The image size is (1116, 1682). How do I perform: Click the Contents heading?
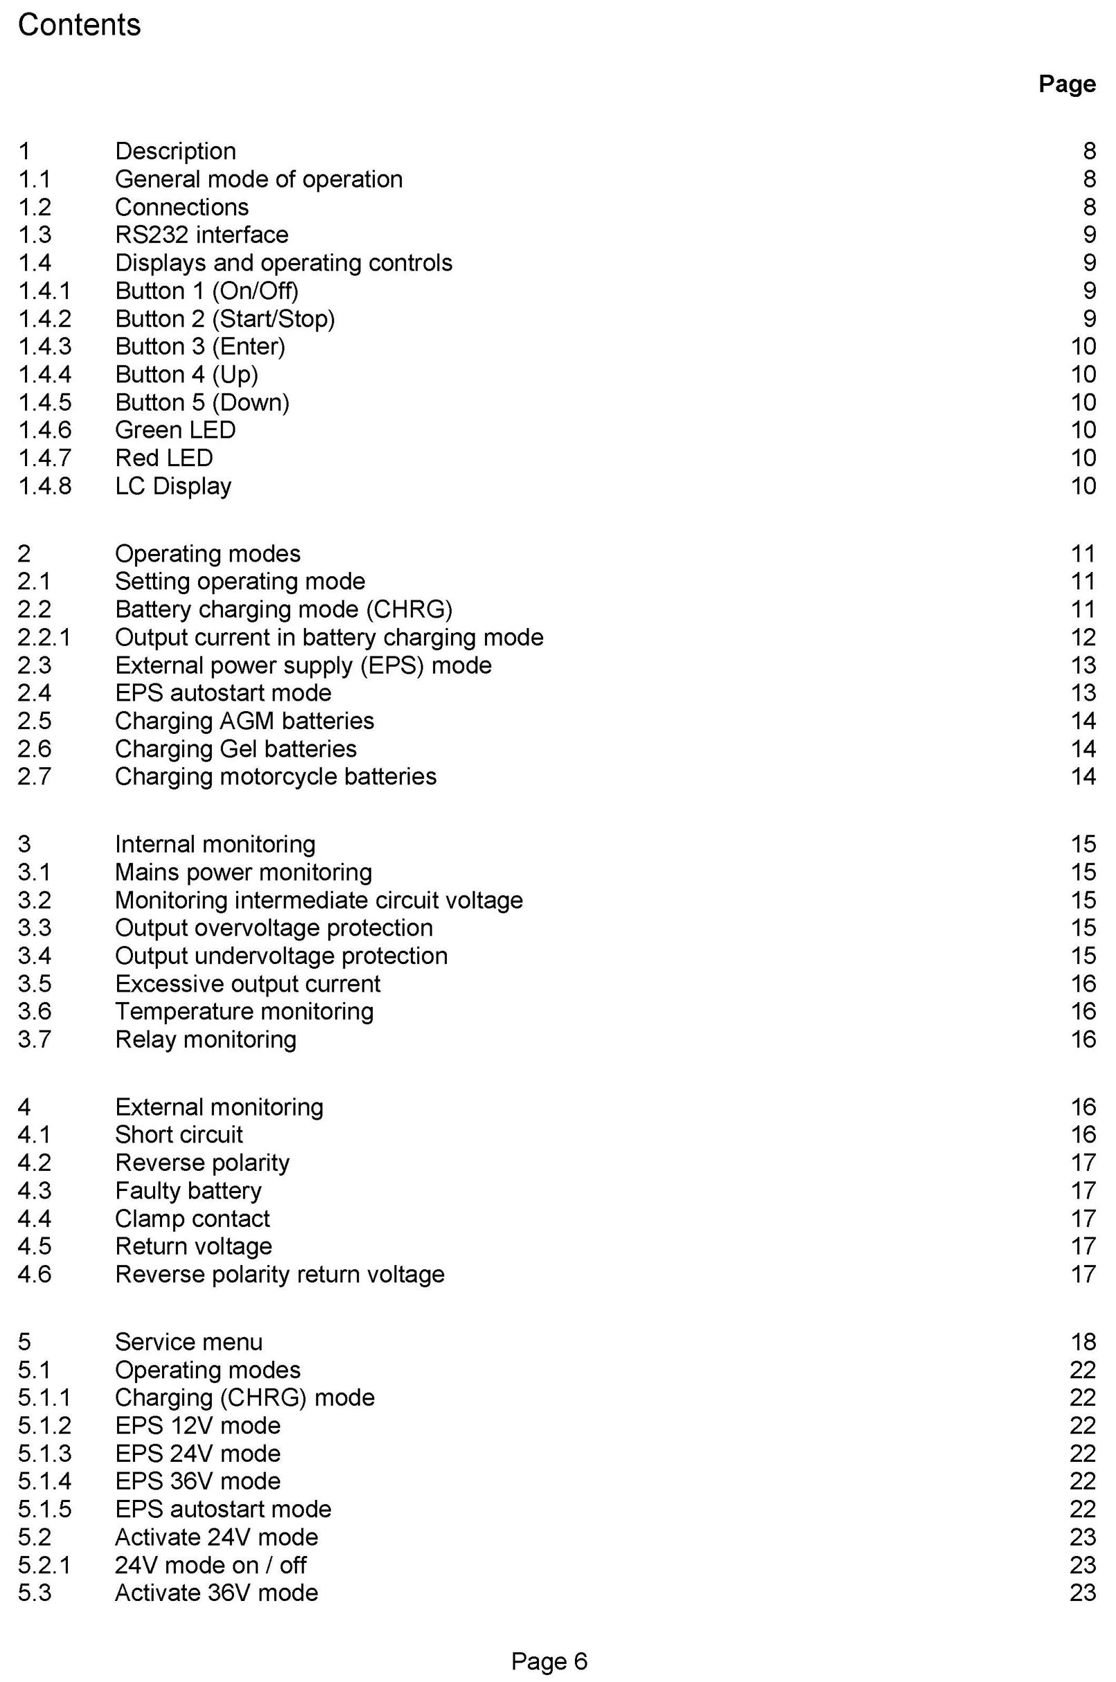pos(79,26)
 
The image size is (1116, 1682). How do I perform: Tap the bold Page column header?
pos(1066,84)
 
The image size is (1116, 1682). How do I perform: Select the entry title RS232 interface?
pos(202,235)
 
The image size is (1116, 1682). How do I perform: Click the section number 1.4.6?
pos(44,430)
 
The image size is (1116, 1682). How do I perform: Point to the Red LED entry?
pos(163,458)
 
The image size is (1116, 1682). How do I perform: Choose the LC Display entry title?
pos(173,486)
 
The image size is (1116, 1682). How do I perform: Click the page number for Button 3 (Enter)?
pos(1083,346)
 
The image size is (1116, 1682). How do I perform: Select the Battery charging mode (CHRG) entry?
pos(283,610)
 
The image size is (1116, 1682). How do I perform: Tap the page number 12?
pos(1083,638)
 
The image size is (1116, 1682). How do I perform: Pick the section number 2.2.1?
pos(44,638)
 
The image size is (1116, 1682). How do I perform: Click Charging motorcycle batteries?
pos(276,776)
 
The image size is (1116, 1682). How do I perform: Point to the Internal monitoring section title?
pos(215,845)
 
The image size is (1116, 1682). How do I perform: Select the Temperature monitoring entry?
pos(244,1012)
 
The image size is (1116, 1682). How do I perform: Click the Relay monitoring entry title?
pos(206,1039)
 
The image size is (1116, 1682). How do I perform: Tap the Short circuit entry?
pos(179,1135)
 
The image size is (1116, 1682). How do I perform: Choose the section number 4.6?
pos(34,1274)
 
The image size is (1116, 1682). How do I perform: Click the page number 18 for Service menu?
pos(1083,1342)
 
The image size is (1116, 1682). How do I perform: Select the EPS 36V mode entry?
pos(198,1481)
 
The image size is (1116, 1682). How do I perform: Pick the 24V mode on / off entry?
pos(211,1565)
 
